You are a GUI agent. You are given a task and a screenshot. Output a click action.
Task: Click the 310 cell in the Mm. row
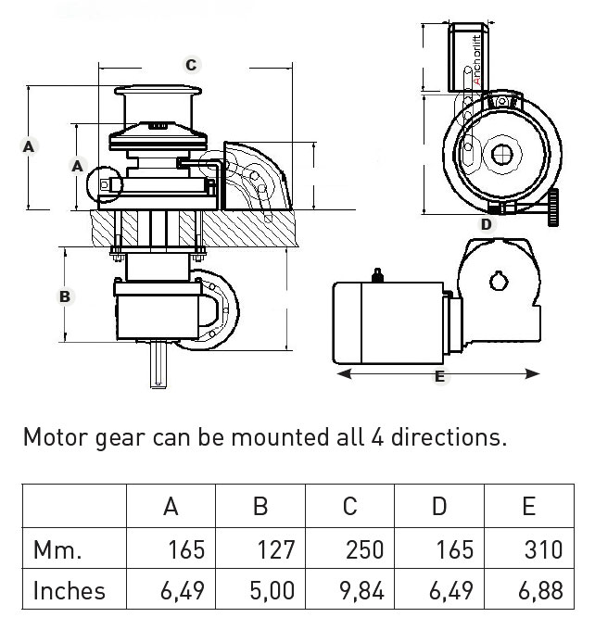[543, 549]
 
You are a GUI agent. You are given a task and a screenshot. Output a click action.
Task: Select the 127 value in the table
[276, 549]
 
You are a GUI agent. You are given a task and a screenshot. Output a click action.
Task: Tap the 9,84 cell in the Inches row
[361, 591]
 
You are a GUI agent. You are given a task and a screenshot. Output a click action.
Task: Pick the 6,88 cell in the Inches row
[540, 591]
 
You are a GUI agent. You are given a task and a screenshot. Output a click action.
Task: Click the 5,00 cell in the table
[272, 591]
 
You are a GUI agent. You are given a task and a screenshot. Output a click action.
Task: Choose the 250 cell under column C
[364, 549]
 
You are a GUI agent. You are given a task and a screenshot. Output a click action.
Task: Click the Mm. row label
[57, 550]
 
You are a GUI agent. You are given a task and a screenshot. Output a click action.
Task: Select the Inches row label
[70, 591]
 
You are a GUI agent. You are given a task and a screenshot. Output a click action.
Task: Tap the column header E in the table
[529, 506]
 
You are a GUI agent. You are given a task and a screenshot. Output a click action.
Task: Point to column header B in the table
[260, 506]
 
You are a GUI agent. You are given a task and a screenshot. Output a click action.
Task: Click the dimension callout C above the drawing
[191, 65]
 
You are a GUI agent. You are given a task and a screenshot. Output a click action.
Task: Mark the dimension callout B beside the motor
[65, 296]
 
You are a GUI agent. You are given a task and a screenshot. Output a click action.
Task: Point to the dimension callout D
[487, 224]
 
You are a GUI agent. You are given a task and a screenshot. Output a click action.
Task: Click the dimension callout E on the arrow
[440, 376]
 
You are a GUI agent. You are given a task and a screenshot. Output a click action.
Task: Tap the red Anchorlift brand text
[476, 60]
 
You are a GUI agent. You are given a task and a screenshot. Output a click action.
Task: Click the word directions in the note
[449, 436]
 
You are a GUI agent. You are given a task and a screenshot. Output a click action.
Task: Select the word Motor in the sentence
[56, 436]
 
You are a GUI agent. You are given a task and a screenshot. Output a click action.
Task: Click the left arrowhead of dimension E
[345, 374]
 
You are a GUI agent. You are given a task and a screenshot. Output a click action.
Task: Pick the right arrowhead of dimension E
[532, 374]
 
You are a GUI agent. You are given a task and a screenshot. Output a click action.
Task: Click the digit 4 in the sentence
[377, 436]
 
